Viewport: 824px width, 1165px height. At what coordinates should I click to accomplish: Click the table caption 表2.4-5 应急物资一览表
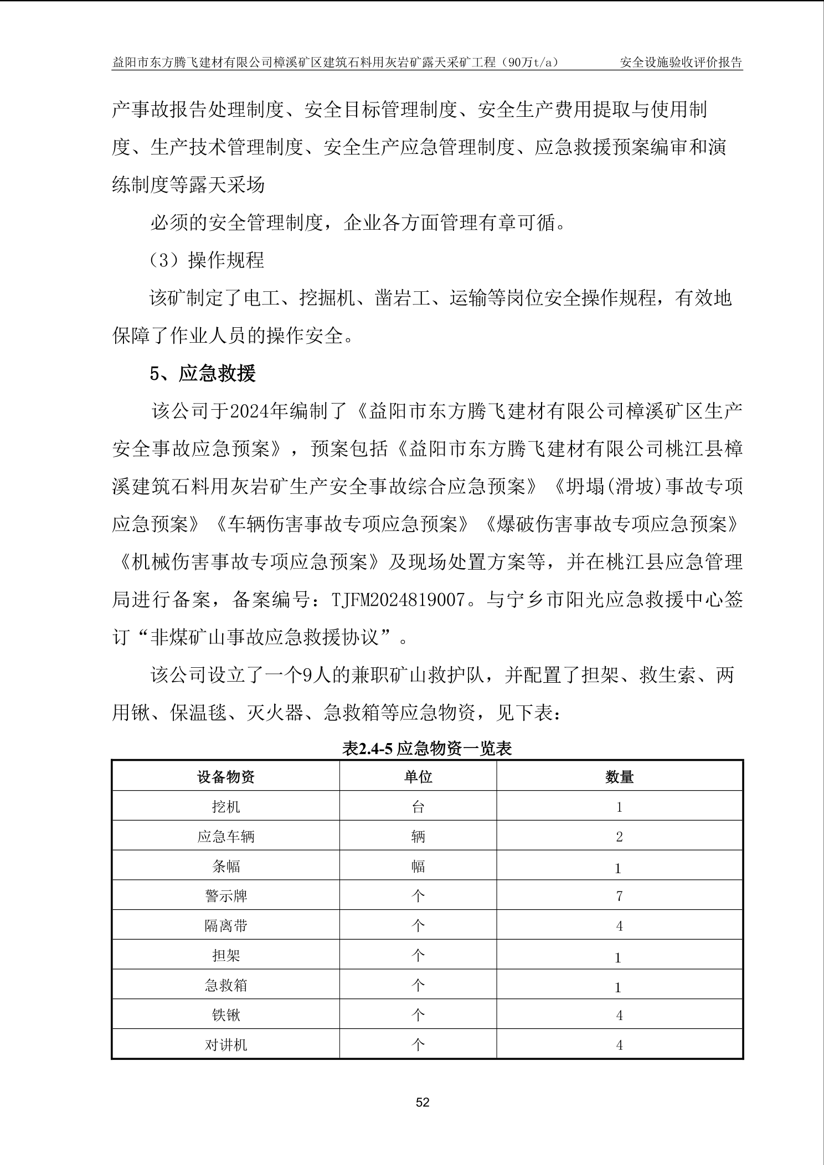(427, 749)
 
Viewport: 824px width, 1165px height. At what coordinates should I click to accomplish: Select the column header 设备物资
(226, 777)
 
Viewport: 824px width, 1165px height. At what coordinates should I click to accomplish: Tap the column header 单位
(418, 777)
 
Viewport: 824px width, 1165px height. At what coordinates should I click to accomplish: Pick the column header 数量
(619, 777)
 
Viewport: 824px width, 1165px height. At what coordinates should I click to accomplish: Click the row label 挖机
(226, 807)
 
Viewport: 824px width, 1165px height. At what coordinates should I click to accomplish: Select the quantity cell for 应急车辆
(619, 837)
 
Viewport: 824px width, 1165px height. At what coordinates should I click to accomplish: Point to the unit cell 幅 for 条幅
(418, 866)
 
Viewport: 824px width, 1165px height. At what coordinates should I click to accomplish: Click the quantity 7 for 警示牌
(619, 896)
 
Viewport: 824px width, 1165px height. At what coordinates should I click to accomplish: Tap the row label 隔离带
(226, 926)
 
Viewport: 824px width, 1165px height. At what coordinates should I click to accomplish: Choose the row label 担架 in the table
(226, 956)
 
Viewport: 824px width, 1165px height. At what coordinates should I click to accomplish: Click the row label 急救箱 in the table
(226, 986)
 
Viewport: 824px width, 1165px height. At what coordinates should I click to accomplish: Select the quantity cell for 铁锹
(619, 1015)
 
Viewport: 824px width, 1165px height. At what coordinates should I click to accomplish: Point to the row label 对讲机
(226, 1045)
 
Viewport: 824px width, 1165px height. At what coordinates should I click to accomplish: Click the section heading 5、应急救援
(203, 374)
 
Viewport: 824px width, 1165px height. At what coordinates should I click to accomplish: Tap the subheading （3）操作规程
(207, 260)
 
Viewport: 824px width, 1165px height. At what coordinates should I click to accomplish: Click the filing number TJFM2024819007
(397, 600)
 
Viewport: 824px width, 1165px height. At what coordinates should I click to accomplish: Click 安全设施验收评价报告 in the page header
(681, 62)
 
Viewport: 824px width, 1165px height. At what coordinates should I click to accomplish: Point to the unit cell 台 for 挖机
(418, 807)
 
